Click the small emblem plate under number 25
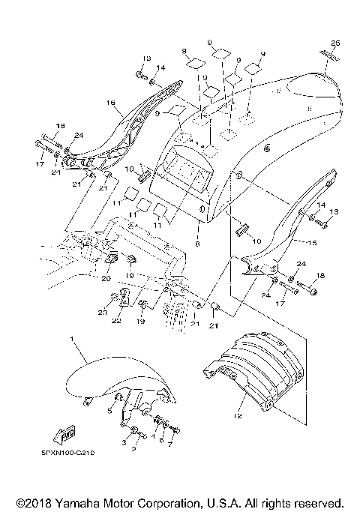tap(331, 55)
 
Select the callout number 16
tap(109, 103)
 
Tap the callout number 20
tap(105, 276)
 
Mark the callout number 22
tap(116, 322)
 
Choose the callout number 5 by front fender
tap(109, 411)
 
